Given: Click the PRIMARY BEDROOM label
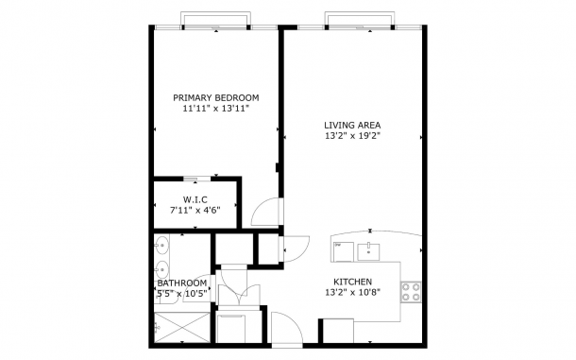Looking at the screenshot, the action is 216,98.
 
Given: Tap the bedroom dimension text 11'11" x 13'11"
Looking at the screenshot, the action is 216,109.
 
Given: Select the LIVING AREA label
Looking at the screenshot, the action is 352,125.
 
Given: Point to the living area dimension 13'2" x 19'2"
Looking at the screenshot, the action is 352,136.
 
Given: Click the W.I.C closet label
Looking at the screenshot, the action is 195,199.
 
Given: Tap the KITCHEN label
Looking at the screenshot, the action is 352,282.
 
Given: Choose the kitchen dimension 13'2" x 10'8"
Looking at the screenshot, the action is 352,292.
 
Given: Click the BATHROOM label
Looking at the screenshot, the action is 182,283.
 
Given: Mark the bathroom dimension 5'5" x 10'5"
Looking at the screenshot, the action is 183,294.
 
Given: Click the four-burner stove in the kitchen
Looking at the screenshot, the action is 411,292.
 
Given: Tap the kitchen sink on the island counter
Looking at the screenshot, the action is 368,251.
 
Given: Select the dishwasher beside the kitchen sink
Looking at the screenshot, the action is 343,252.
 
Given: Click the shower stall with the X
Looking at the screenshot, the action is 182,328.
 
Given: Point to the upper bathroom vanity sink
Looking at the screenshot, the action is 161,245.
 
